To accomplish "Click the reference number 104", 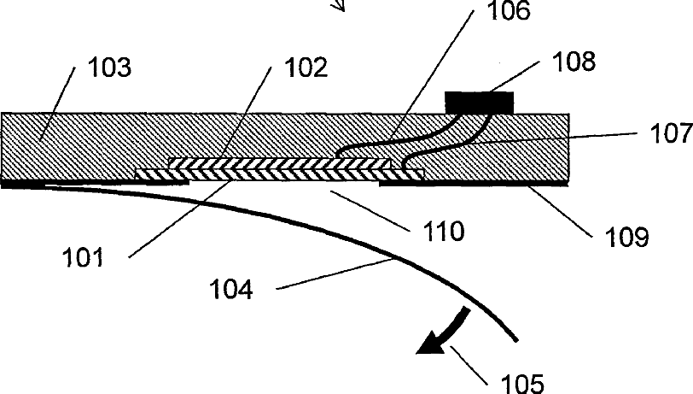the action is (x=231, y=291).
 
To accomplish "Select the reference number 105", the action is (x=523, y=382).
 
